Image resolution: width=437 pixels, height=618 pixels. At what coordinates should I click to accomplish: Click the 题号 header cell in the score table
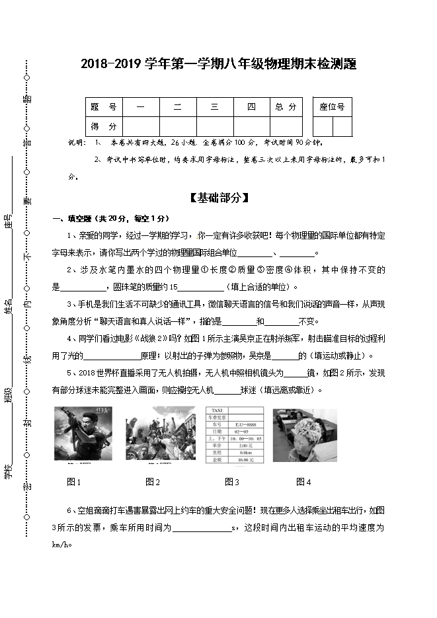pos(104,107)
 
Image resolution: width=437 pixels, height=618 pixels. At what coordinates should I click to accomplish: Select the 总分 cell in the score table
pos(286,107)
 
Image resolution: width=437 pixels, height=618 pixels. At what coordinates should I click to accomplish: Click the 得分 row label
pos(104,126)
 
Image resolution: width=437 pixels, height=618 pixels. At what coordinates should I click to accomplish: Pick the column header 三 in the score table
pos(214,107)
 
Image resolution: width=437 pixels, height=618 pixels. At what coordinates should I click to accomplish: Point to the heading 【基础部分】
pos(218,198)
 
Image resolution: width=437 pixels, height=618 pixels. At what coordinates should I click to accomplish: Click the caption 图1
pos(74,482)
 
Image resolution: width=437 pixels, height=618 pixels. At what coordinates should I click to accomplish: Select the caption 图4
pos(304,482)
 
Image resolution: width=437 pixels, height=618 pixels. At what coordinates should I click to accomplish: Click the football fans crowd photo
pos(161,434)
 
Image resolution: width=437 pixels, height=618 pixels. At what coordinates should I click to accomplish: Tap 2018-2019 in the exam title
pos(111,65)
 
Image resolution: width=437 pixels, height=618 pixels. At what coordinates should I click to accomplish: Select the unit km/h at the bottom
pos(60,545)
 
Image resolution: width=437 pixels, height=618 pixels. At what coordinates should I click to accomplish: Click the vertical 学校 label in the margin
pos(9,470)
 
